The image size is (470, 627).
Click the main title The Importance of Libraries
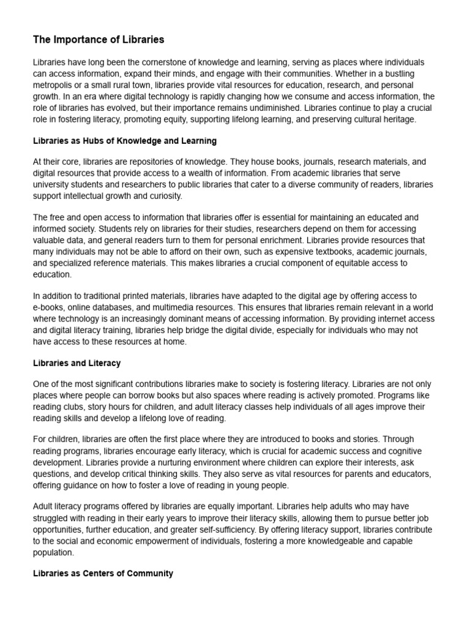(99, 40)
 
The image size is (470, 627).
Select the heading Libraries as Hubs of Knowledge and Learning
(125, 141)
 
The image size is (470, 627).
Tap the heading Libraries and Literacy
(76, 363)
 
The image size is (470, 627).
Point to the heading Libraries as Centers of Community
(103, 574)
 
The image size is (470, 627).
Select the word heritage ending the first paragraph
(398, 119)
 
